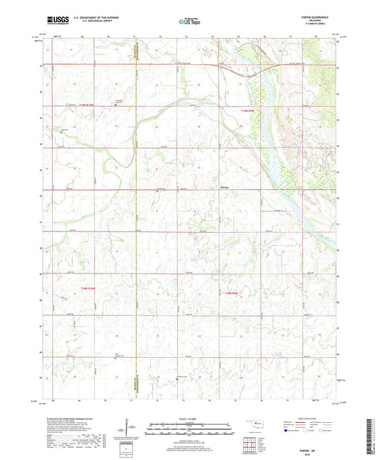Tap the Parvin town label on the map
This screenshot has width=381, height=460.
[x=224, y=188]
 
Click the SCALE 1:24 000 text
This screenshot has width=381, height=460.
[x=190, y=419]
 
